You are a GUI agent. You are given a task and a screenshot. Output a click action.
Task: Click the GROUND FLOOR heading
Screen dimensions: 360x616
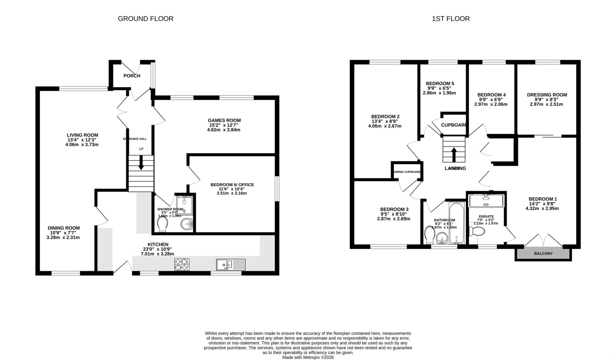(x=146, y=19)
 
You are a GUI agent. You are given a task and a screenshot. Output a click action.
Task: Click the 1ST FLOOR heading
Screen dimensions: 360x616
(x=451, y=19)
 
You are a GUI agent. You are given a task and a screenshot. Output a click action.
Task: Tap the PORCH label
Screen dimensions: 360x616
(x=132, y=76)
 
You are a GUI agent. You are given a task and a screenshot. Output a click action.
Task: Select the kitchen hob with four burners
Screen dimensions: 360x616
(x=182, y=264)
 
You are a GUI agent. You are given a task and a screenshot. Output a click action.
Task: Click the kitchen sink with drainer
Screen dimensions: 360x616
(x=231, y=265)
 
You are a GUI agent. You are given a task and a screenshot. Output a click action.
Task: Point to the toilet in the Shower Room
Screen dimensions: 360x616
(x=163, y=224)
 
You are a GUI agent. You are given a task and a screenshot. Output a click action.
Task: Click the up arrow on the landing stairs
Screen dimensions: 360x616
(x=454, y=154)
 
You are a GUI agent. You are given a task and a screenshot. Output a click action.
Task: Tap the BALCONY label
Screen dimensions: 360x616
(x=543, y=254)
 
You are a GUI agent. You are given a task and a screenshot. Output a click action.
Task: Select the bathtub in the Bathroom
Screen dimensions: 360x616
(x=456, y=223)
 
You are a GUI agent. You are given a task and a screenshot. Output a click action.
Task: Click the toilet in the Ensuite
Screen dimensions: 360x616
(x=477, y=231)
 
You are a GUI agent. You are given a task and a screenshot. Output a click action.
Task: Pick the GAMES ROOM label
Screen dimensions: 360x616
(x=224, y=120)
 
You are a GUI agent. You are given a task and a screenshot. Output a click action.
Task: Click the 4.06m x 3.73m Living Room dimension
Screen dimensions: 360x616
(x=82, y=144)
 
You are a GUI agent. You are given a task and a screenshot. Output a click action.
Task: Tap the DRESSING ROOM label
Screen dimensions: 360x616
(x=547, y=95)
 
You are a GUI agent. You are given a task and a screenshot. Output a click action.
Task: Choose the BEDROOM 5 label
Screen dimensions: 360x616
(x=440, y=83)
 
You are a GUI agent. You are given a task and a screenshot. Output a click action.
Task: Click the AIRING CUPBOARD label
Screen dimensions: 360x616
(x=407, y=172)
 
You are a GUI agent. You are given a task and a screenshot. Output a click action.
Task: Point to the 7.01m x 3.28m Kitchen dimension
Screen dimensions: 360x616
(x=157, y=254)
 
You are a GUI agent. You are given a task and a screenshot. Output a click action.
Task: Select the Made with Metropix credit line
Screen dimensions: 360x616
(x=308, y=358)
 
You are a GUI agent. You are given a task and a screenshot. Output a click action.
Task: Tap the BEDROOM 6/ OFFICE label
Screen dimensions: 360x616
(x=232, y=185)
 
